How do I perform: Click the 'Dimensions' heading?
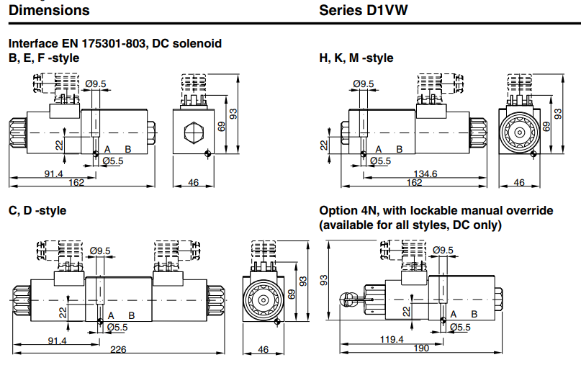pyautogui.click(x=49, y=10)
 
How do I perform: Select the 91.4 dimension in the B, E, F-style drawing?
pyautogui.click(x=54, y=174)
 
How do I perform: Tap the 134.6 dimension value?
pyautogui.click(x=425, y=174)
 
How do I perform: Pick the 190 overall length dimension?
pyautogui.click(x=422, y=348)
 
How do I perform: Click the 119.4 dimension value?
pyautogui.click(x=392, y=339)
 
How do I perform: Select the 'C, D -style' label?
pyautogui.click(x=37, y=210)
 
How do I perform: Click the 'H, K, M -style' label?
pyautogui.click(x=356, y=58)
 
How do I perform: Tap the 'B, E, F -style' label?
pyautogui.click(x=44, y=58)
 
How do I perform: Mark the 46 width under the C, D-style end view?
pyautogui.click(x=263, y=349)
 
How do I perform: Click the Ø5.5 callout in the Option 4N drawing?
pyautogui.click(x=459, y=327)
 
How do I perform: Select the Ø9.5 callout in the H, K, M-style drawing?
pyautogui.click(x=364, y=84)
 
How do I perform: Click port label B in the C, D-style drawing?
pyautogui.click(x=132, y=315)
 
